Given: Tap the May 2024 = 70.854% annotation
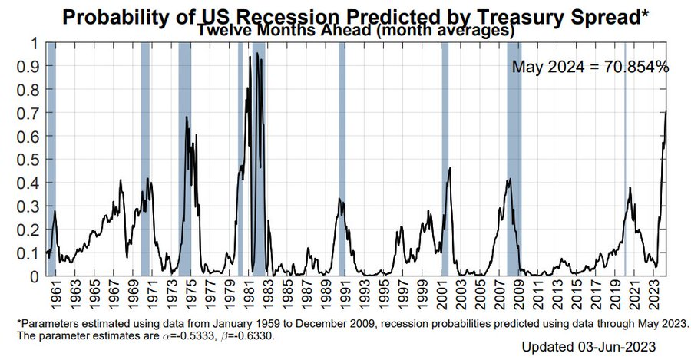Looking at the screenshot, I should (590, 67).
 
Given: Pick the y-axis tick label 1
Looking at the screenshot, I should (34, 43).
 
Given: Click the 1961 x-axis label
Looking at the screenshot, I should (55, 295).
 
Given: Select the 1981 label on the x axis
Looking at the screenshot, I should (251, 295).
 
